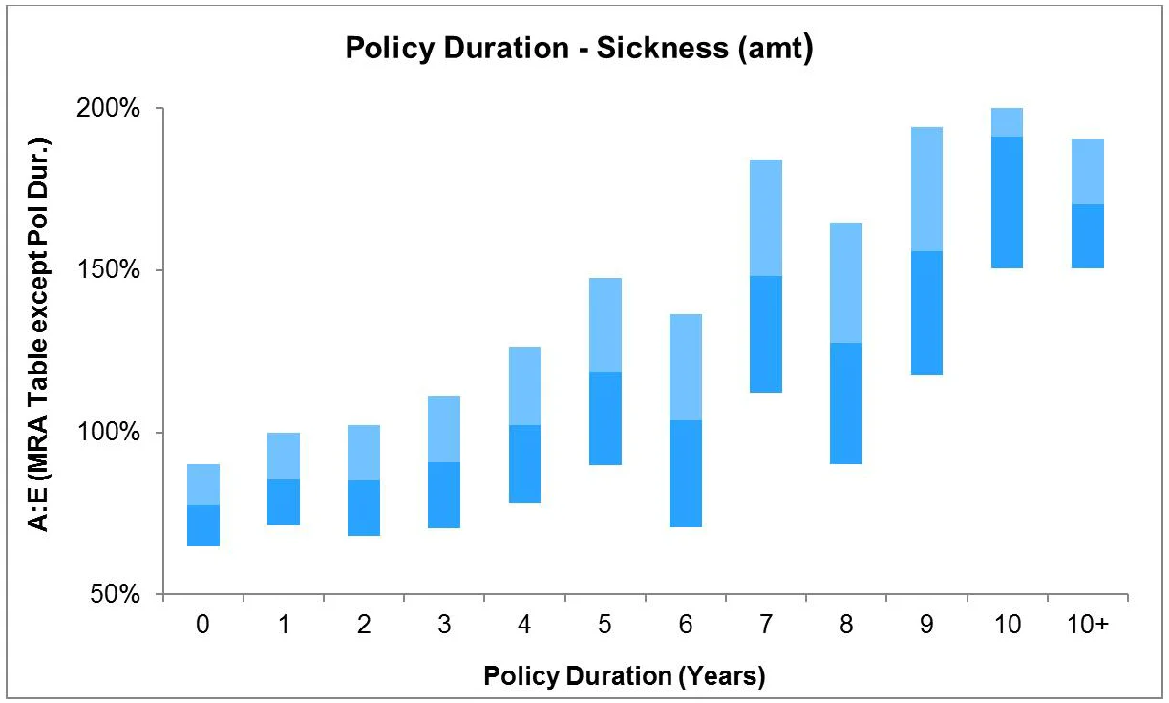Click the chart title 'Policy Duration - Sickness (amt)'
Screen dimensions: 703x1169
[x=579, y=48]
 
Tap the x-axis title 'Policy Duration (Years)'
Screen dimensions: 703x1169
[x=625, y=676]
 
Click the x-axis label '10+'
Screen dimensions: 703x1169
[x=1088, y=624]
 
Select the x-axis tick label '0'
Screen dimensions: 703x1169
[x=203, y=624]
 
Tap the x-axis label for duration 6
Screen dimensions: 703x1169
[x=686, y=624]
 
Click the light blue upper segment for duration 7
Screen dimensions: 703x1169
[x=766, y=218]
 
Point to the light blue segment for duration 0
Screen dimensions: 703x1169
[x=203, y=484]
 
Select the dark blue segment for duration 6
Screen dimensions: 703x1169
[x=686, y=474]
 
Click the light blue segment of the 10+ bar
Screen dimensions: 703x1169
[x=1088, y=172]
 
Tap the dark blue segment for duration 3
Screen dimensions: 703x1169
[x=444, y=495]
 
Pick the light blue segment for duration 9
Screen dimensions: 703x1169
[x=926, y=189]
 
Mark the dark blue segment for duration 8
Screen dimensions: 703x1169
[x=846, y=403]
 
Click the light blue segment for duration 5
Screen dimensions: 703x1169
[x=605, y=325]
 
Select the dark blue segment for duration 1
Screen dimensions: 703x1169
[x=284, y=502]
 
